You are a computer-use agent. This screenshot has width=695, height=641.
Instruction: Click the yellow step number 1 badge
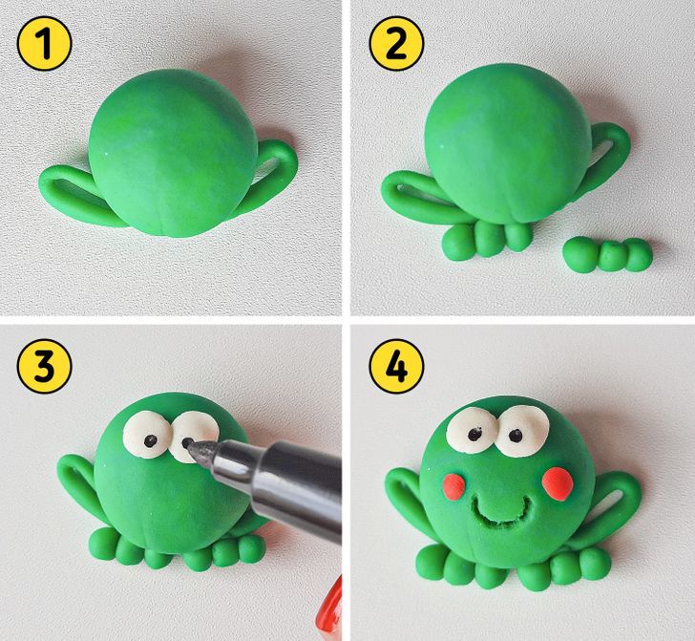point(44,44)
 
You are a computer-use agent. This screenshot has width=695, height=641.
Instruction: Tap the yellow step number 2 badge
point(396,44)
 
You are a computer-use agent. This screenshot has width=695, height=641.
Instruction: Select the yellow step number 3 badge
point(44,366)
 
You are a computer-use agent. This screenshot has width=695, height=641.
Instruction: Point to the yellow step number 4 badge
point(396,366)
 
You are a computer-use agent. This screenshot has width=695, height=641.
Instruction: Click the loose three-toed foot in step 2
point(607,254)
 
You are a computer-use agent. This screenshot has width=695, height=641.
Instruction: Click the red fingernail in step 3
point(330,608)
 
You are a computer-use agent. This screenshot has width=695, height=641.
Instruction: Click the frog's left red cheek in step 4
point(453,486)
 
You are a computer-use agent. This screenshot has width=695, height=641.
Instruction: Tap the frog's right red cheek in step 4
point(558,483)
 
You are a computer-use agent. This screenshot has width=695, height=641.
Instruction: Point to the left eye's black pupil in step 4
point(475,433)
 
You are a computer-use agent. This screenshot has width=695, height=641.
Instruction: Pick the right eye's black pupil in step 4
point(516,436)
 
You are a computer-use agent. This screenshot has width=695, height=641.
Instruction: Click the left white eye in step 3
point(147,434)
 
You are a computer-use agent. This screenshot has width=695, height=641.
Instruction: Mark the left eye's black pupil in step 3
point(151,441)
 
